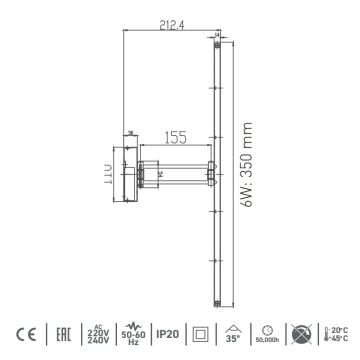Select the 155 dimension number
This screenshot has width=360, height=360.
pyautogui.click(x=175, y=137)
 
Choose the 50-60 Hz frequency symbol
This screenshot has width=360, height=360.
pyautogui.click(x=131, y=333)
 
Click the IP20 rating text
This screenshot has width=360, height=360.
pyautogui.click(x=167, y=333)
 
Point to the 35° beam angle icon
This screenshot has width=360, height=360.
pyautogui.click(x=234, y=333)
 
